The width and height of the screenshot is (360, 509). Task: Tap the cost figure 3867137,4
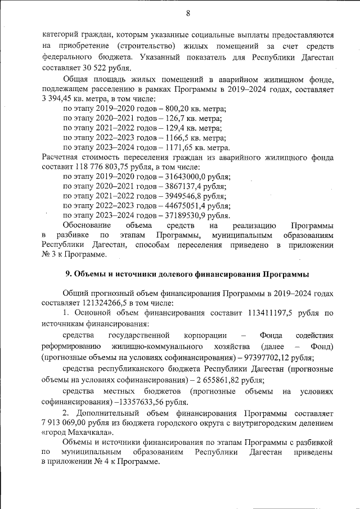[181, 186]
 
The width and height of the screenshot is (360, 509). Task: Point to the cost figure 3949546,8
[181, 196]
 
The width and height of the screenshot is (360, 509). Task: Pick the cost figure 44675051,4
[183, 205]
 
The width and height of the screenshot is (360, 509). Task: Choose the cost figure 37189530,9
[183, 215]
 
